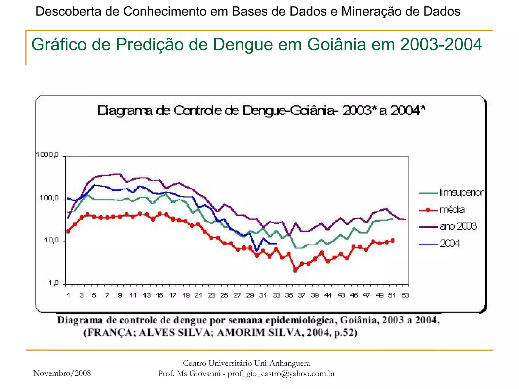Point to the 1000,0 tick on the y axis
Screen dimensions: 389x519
tap(47, 154)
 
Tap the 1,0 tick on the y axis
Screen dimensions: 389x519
tap(53, 283)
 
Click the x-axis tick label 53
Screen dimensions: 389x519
tap(405, 295)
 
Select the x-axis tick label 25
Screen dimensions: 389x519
tap(224, 295)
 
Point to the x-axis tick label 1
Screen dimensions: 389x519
tap(68, 295)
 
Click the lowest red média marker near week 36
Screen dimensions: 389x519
tap(295, 270)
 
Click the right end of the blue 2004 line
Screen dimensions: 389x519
tap(277, 244)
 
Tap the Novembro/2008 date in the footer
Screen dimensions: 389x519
tap(62, 373)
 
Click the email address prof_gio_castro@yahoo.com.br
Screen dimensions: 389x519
tap(281, 374)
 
